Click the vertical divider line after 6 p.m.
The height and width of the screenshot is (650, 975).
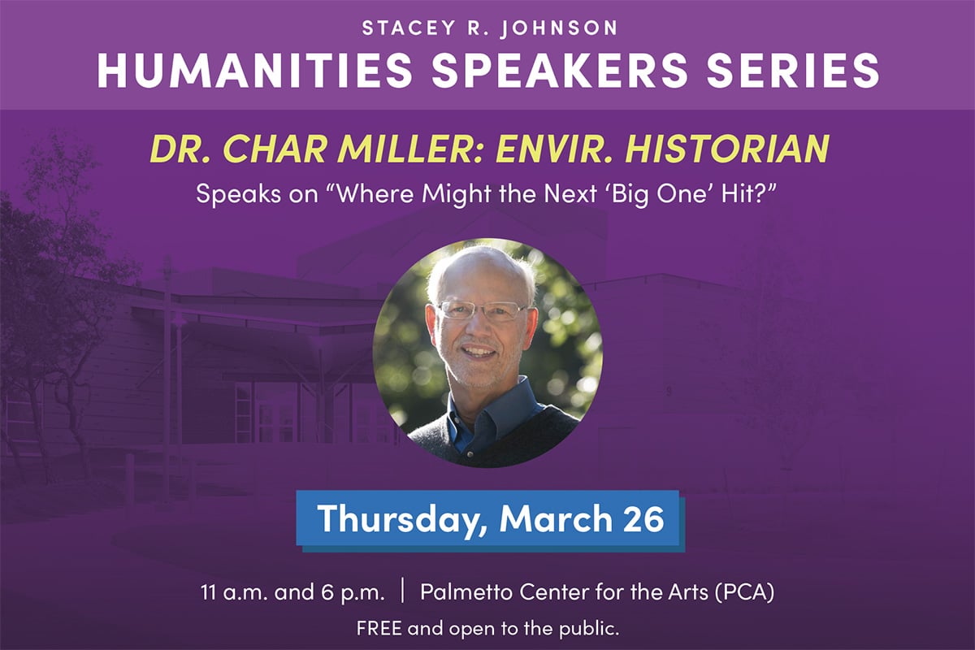click(402, 591)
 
